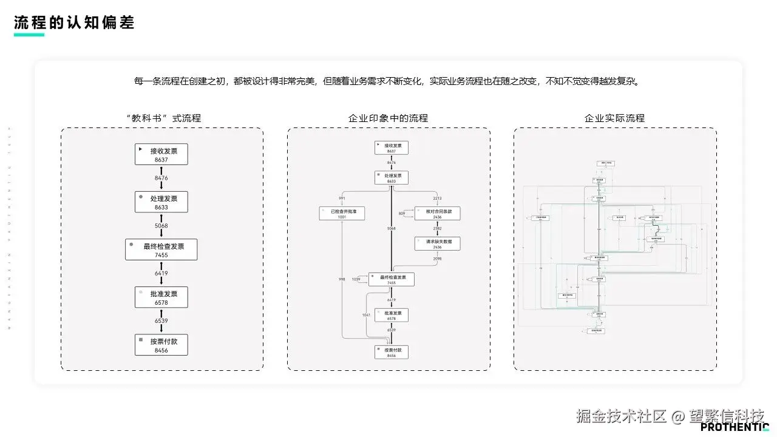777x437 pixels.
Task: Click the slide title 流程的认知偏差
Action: (x=74, y=22)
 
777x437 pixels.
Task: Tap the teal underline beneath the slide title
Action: (x=29, y=35)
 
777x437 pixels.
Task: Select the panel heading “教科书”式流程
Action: (x=162, y=118)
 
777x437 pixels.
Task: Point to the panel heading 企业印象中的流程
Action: (x=388, y=118)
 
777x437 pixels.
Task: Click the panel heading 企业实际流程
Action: (x=614, y=118)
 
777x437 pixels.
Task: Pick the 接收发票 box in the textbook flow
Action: (x=161, y=154)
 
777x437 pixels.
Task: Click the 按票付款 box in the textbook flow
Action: (x=161, y=345)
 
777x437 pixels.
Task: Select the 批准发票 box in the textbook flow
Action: (x=161, y=297)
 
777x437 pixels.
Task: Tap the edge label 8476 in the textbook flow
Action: (x=161, y=178)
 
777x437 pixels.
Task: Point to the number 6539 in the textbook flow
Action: (x=161, y=320)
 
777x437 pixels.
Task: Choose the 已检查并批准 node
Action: (x=342, y=213)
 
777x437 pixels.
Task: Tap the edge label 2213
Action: (x=437, y=198)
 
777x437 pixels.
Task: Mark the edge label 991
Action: (x=342, y=198)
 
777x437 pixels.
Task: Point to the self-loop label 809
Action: (x=402, y=214)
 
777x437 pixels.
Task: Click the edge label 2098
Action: (x=437, y=259)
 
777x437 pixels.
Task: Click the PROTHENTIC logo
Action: (x=735, y=427)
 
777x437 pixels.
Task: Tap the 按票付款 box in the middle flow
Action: (x=392, y=352)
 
